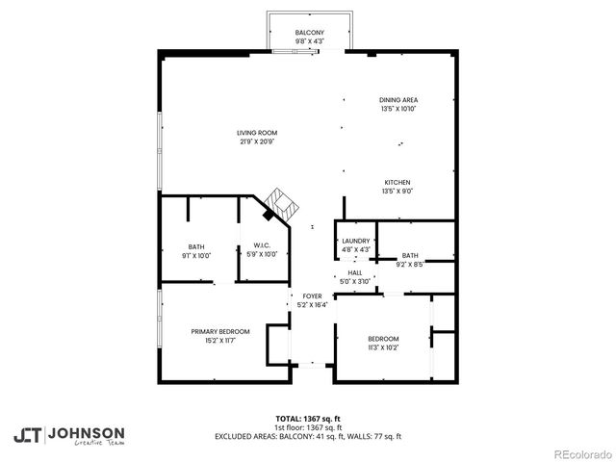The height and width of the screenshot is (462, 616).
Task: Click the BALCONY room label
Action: tap(309, 33)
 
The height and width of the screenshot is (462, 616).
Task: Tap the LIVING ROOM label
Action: tap(257, 133)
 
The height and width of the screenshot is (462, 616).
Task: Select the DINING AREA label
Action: tap(398, 100)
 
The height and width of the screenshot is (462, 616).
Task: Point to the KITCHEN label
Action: tap(398, 183)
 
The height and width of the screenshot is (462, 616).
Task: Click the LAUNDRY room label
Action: tap(355, 241)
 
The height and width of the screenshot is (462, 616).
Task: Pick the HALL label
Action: tap(355, 272)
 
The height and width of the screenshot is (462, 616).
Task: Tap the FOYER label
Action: tap(312, 296)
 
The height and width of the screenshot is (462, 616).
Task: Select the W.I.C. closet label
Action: tap(261, 245)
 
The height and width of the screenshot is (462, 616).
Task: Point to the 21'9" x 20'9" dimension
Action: tap(257, 141)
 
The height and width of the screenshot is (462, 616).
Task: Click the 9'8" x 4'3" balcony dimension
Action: tap(309, 41)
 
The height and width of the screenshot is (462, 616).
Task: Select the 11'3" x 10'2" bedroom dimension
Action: tap(383, 347)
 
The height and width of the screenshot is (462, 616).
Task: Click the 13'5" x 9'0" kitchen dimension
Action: tap(398, 192)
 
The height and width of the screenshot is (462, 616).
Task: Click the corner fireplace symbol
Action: tap(280, 203)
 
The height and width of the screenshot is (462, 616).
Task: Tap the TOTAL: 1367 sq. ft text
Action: tap(308, 419)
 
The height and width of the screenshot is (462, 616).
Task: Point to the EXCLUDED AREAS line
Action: tap(308, 436)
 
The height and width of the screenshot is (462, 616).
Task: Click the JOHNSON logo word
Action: tap(86, 432)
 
